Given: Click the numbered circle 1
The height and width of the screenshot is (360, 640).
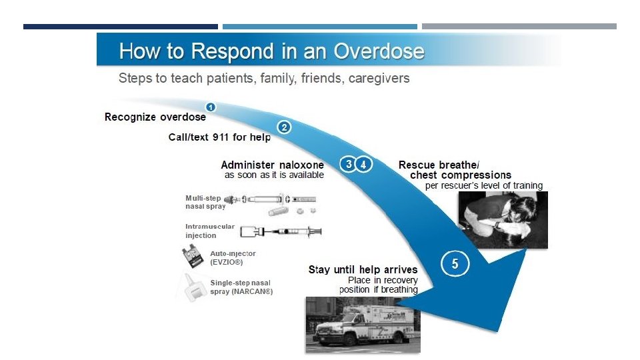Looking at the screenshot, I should pyautogui.click(x=210, y=107).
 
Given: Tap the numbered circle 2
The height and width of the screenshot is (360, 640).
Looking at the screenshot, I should pyautogui.click(x=284, y=127).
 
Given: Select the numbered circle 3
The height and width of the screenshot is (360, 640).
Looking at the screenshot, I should pyautogui.click(x=347, y=164).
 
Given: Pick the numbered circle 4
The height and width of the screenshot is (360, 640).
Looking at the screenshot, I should pyautogui.click(x=363, y=164).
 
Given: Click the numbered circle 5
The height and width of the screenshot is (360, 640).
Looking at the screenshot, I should pyautogui.click(x=455, y=263).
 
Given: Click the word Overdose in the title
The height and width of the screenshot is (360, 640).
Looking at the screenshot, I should pyautogui.click(x=379, y=51).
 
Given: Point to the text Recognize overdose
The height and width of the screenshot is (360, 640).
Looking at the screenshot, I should pyautogui.click(x=155, y=117).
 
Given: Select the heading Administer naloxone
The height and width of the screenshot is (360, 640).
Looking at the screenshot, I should pyautogui.click(x=272, y=165).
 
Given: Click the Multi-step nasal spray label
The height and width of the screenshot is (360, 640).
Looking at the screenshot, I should pyautogui.click(x=203, y=202).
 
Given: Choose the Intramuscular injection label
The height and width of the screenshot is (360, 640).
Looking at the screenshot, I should pyautogui.click(x=209, y=231).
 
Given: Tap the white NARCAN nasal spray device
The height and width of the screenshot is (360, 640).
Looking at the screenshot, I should pyautogui.click(x=191, y=287).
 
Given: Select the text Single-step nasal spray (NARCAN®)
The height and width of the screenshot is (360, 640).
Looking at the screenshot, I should pyautogui.click(x=241, y=288).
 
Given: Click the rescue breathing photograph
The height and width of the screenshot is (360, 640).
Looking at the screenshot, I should pyautogui.click(x=503, y=219).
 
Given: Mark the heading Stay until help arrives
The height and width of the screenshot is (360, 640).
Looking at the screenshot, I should pyautogui.click(x=363, y=270).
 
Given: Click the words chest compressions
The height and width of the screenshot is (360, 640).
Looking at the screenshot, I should pyautogui.click(x=460, y=175).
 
